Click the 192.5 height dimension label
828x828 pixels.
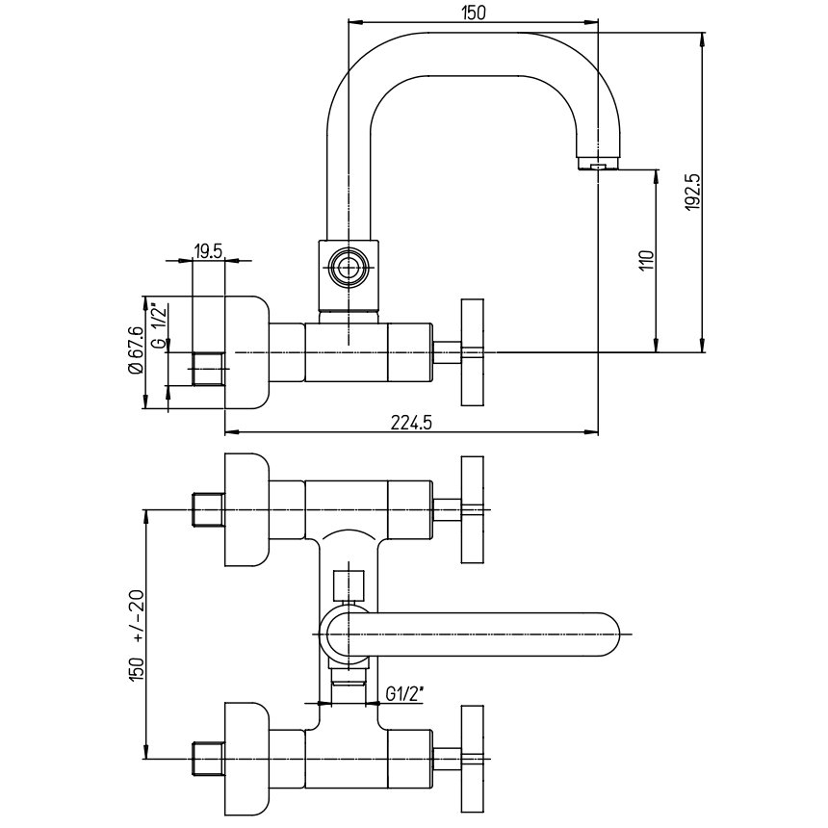693,193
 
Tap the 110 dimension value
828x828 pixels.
647,260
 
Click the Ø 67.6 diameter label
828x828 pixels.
136,350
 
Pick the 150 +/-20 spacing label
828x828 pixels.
137,634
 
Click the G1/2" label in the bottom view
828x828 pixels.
405,694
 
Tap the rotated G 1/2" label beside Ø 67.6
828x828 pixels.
159,325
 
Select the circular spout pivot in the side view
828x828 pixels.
349,268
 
